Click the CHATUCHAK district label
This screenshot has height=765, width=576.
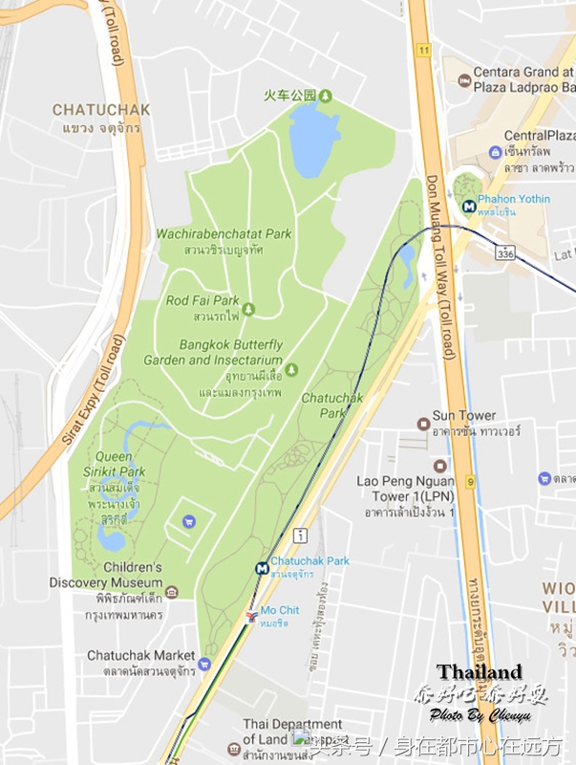(101, 110)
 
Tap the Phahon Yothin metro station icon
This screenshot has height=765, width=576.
(468, 204)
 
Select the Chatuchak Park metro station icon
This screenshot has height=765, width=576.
(261, 567)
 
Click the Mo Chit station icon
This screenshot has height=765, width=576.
(251, 615)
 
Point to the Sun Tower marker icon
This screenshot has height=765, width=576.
(423, 423)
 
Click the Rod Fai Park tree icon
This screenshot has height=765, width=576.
(248, 308)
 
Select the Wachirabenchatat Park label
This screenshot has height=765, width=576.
(224, 233)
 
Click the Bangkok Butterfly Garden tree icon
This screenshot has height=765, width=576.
(292, 369)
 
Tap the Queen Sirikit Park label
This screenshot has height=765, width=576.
(119, 464)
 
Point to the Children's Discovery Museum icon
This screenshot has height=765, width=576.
(171, 591)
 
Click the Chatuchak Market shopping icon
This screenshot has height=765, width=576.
(203, 663)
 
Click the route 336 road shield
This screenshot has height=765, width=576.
(504, 252)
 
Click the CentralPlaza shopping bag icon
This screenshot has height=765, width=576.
(494, 152)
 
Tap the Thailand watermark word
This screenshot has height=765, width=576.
(480, 671)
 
